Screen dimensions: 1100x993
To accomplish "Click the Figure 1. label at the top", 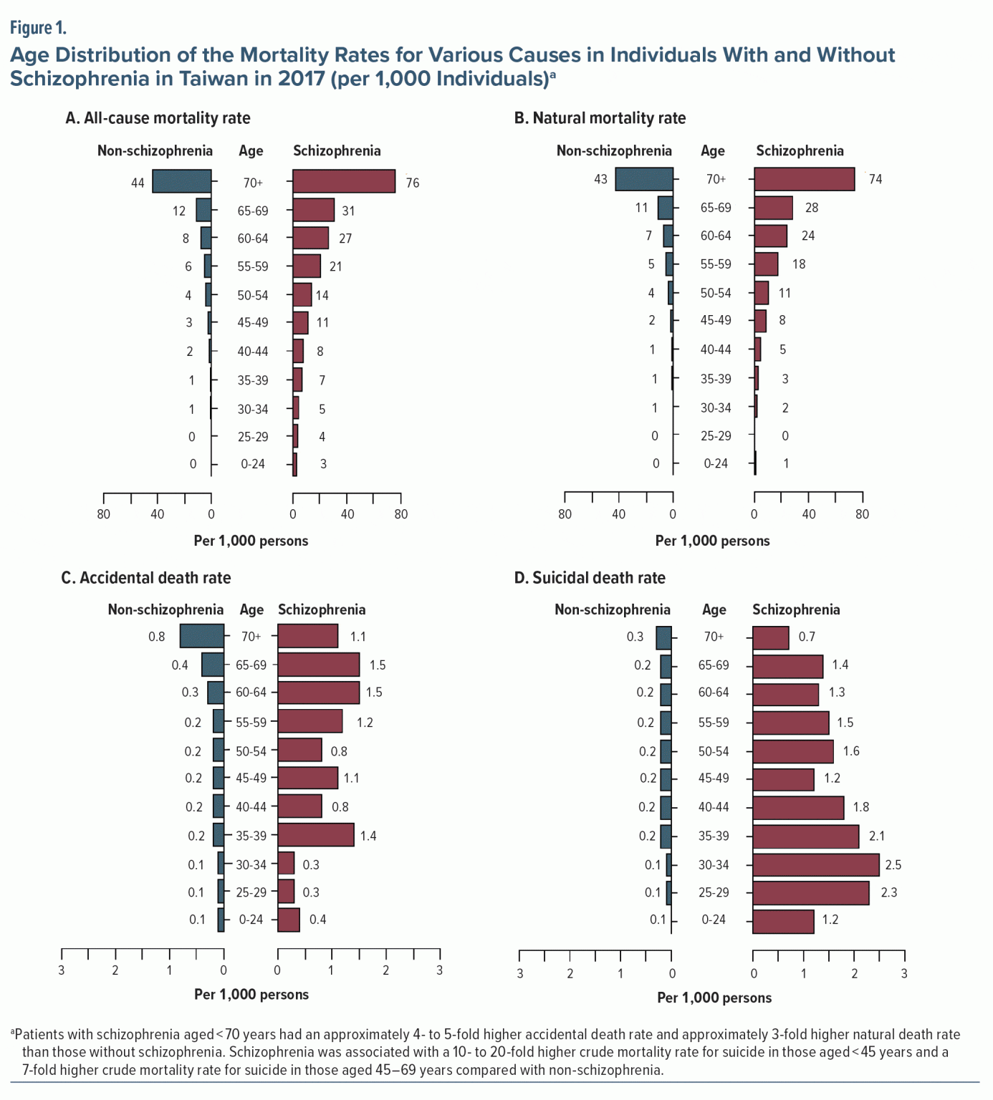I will pos(38,28).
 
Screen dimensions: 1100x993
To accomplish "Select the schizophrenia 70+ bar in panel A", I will pos(344,181).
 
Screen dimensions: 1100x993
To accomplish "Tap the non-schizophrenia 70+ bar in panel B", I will pos(644,179).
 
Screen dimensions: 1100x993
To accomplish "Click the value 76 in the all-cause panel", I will pos(413,183).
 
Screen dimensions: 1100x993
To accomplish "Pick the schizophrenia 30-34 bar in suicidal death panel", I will pos(815,864).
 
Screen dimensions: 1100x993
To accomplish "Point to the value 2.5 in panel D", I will pos(893,865).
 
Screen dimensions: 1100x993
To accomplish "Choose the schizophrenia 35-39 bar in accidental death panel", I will pos(316,835).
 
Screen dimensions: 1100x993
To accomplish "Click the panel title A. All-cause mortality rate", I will pos(158,118).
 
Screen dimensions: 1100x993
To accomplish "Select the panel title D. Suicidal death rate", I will pos(590,578).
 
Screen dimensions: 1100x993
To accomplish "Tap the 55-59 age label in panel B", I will pos(716,264).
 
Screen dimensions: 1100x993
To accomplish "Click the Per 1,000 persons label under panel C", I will pos(251,995).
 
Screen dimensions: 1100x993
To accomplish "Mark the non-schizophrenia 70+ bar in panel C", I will pos(202,636).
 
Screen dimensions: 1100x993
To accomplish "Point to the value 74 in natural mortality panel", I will pos(876,179).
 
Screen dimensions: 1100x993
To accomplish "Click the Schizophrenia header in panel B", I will pos(800,151).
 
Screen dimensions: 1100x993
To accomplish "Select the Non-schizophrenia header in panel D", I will pos(613,610).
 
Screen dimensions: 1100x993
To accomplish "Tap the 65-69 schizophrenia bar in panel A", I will pos(314,210).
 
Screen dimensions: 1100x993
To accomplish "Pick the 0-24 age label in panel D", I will pos(714,920).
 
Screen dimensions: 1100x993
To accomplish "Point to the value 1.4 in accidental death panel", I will pos(368,836).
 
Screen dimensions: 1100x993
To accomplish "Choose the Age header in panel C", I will pos(251,610).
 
